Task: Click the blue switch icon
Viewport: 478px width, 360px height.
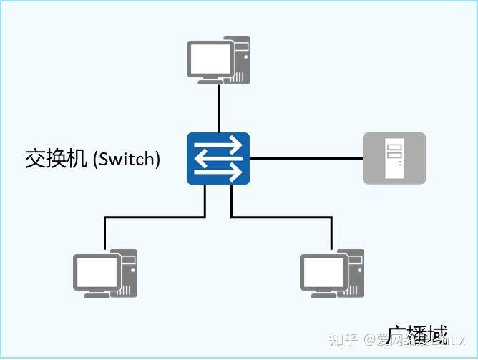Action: pyautogui.click(x=218, y=158)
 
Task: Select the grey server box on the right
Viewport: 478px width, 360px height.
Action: pyautogui.click(x=394, y=158)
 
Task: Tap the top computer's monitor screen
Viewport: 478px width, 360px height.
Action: pyautogui.click(x=210, y=57)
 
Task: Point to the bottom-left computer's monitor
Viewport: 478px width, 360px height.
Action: pyautogui.click(x=97, y=271)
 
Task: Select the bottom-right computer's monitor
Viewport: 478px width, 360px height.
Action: pyautogui.click(x=323, y=271)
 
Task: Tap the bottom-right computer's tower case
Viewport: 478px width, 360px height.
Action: pyautogui.click(x=353, y=273)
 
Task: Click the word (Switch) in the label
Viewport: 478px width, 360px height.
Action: pyautogui.click(x=127, y=159)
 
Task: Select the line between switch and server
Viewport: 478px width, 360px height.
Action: pyautogui.click(x=306, y=158)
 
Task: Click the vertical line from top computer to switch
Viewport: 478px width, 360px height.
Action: pyautogui.click(x=218, y=108)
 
